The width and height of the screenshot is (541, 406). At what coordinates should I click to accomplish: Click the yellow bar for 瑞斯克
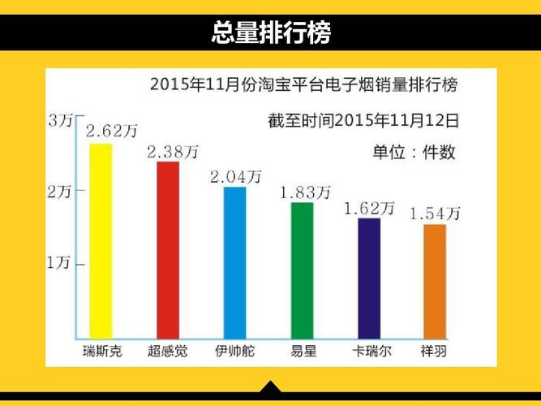pos(101,240)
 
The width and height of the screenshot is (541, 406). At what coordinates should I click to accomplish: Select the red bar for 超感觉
pos(168,248)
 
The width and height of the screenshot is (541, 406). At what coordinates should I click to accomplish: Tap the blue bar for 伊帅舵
pos(234,261)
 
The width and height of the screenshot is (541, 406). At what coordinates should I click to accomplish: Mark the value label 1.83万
pos(305,192)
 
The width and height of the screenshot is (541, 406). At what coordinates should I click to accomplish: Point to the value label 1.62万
pos(370,208)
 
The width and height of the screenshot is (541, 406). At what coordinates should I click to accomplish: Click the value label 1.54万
pos(435,214)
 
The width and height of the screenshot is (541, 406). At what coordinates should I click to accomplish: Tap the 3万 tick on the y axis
pos(62,122)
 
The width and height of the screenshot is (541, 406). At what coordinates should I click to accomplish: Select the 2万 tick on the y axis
pos(62,193)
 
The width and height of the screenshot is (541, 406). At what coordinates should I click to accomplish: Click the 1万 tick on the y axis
pos(62,263)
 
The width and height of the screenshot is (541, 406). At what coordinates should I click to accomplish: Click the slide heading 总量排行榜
pos(270,32)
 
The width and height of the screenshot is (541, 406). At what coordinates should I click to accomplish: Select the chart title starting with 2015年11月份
pos(308,84)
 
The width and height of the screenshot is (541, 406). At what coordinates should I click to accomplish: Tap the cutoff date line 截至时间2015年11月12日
pos(363,121)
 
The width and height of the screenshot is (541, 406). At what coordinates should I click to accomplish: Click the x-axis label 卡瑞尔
pos(368,352)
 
